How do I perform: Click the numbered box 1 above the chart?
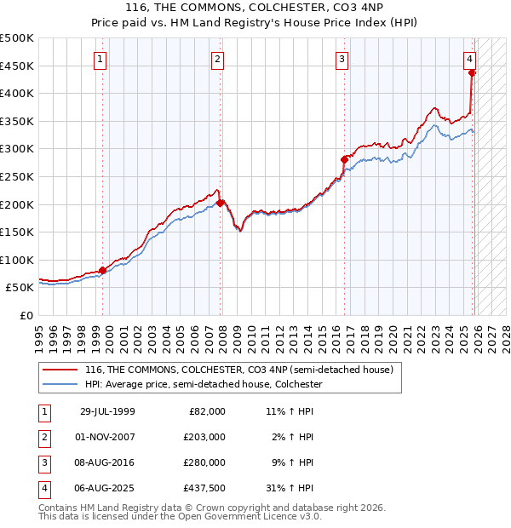pos(100,60)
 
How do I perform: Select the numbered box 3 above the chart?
pos(342,60)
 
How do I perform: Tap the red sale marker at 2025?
pos(472,72)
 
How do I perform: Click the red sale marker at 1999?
pos(103,270)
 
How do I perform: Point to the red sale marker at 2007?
pos(220,203)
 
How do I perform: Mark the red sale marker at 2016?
pos(345,159)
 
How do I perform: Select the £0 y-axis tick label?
pos(26,315)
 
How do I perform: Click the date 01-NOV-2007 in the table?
pos(106,437)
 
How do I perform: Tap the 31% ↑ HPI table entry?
pos(289,488)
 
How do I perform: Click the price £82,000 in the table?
pos(206,411)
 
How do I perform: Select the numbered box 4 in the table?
pos(43,488)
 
